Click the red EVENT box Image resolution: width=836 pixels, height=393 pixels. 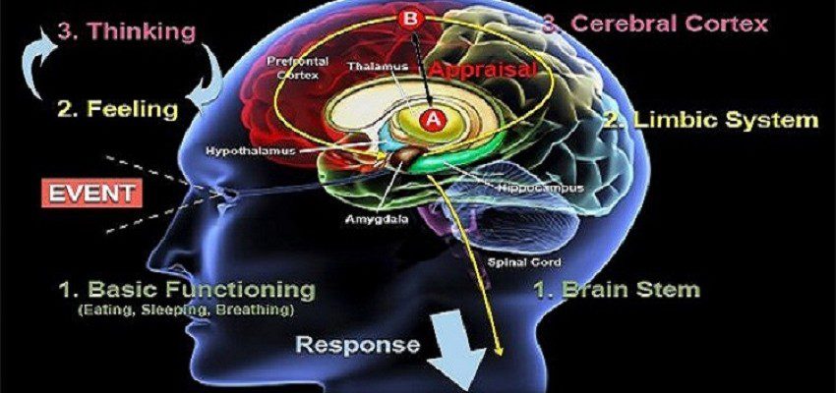coord(91,193)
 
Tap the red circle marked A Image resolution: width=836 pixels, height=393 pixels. coord(433,121)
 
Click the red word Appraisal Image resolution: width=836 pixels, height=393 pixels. coord(481,69)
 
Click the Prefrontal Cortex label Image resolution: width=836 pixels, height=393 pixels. coord(297,68)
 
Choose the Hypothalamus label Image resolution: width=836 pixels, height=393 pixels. coord(251,151)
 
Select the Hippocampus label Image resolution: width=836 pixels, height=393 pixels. coord(542,189)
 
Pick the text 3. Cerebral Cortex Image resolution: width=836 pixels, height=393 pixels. coord(655,24)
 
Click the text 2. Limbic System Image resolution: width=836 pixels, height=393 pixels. coord(711,120)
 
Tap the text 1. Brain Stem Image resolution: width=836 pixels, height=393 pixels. coord(617,290)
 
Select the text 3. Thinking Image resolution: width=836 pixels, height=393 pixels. coord(126,32)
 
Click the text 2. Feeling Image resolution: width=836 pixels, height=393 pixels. coord(117,109)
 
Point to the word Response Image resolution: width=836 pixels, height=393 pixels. coord(358,345)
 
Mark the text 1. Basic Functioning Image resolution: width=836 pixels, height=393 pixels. coord(186,290)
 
